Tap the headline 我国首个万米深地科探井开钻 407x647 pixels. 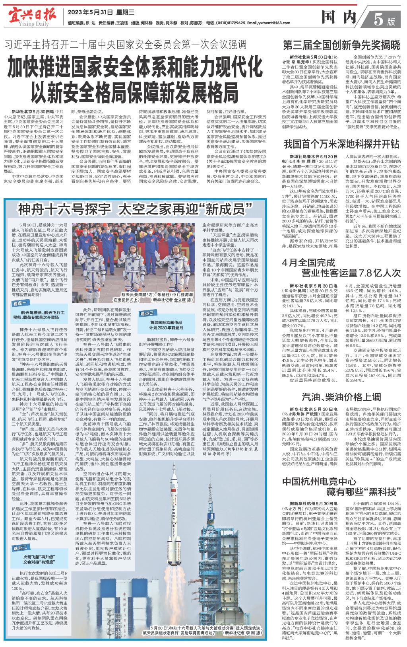[341, 143]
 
